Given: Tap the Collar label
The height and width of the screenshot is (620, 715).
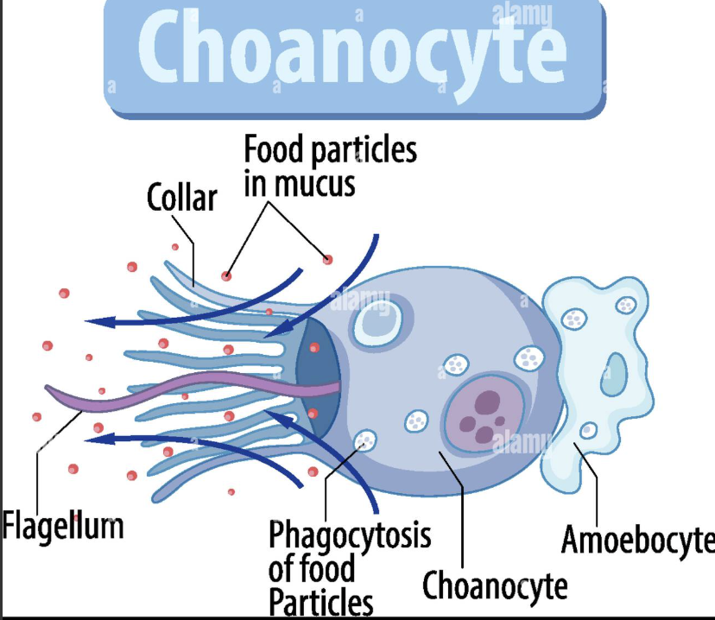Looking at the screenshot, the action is pyautogui.click(x=181, y=198).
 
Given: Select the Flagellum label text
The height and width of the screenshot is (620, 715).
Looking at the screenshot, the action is pyautogui.click(x=63, y=524).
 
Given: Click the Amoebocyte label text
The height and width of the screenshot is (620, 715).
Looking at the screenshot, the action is pyautogui.click(x=638, y=540).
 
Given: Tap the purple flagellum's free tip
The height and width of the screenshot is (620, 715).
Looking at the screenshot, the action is pyautogui.click(x=49, y=391).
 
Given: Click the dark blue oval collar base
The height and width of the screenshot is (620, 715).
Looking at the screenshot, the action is pyautogui.click(x=316, y=376).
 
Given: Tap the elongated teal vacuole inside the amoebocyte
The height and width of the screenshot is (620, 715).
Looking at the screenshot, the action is pyautogui.click(x=616, y=369).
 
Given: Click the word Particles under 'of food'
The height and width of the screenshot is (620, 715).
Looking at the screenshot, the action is pyautogui.click(x=320, y=602).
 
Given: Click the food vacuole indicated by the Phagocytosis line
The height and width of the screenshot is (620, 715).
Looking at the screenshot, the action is pyautogui.click(x=365, y=441).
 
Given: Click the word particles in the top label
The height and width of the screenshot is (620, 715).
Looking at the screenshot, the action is pyautogui.click(x=364, y=151).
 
